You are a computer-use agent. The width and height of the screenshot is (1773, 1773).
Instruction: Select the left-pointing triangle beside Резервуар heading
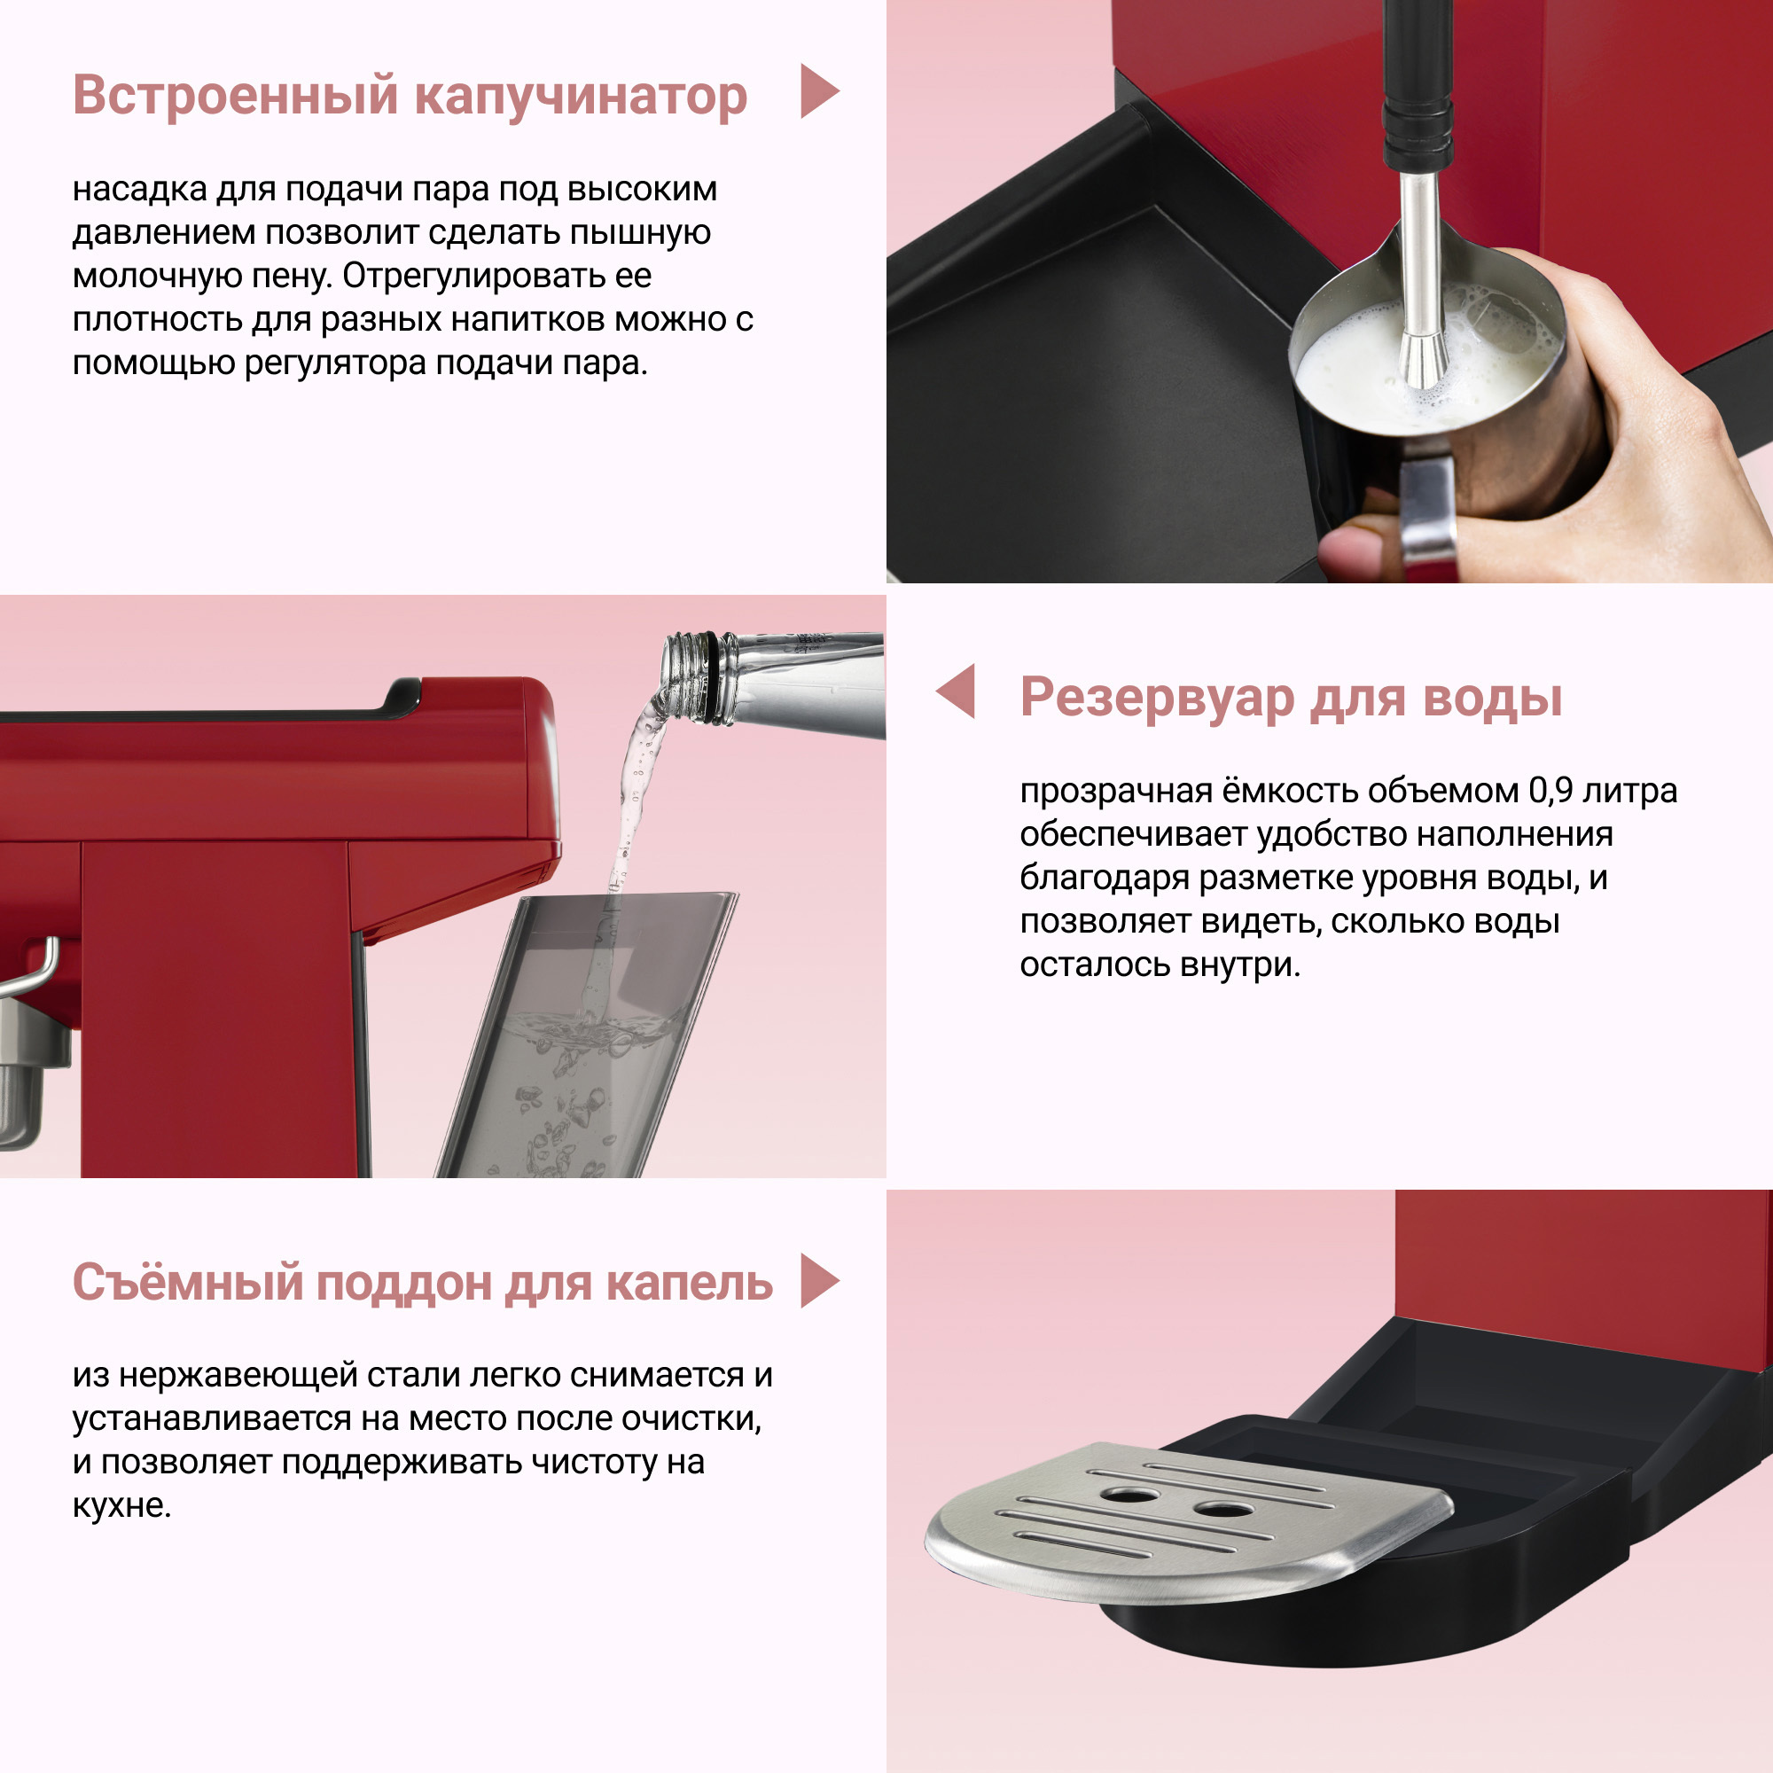(957, 691)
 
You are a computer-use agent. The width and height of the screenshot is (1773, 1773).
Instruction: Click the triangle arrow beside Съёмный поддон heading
(816, 1280)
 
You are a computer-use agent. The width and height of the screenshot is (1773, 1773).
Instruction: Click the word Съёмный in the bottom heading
(187, 1282)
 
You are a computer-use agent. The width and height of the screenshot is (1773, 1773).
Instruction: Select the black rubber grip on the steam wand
(1418, 129)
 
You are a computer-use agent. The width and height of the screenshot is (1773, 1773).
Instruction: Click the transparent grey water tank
(588, 1037)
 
